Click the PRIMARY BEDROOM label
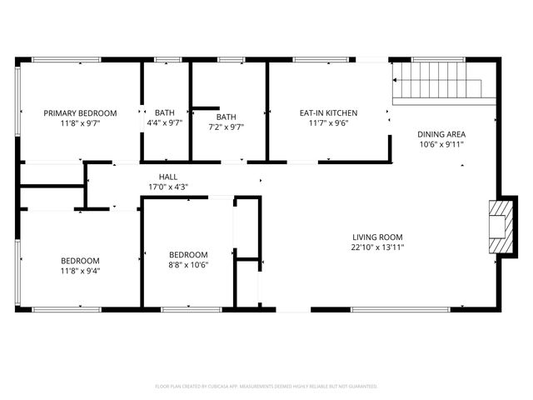click(x=80, y=112)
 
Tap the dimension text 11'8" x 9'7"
click(x=80, y=122)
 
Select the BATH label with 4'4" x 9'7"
click(x=165, y=112)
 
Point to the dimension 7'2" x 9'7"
click(x=227, y=127)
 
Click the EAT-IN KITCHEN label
click(x=329, y=112)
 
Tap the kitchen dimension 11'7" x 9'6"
click(x=329, y=122)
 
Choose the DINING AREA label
click(x=441, y=134)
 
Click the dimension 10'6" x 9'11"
click(x=441, y=144)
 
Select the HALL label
click(x=168, y=177)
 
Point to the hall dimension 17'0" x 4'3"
click(x=168, y=187)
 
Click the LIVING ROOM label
click(x=377, y=237)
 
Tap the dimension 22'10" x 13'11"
click(x=377, y=247)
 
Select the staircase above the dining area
click(x=438, y=83)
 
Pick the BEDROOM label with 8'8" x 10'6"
click(x=188, y=255)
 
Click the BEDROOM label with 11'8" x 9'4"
click(x=80, y=260)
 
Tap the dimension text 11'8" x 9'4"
click(x=80, y=270)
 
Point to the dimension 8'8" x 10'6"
click(x=188, y=265)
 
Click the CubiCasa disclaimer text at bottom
click(x=266, y=386)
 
